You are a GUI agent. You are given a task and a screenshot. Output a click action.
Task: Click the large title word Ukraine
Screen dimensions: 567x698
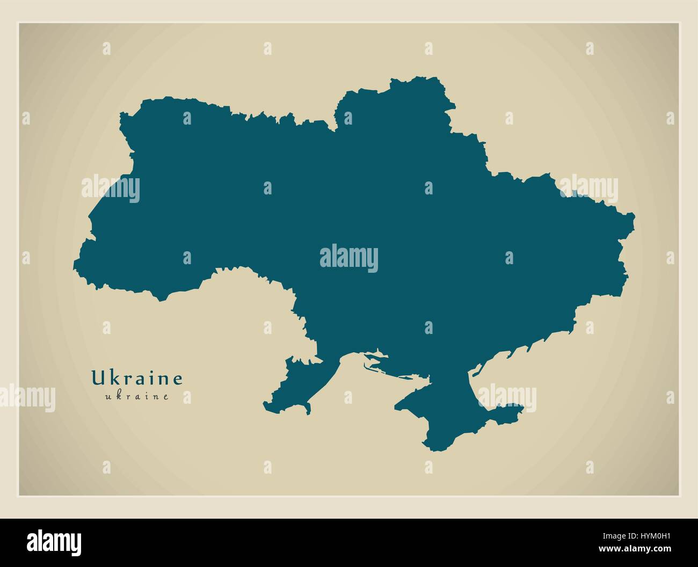pyautogui.click(x=137, y=378)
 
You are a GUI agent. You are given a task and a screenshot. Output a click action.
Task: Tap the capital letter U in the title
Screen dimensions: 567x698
pyautogui.click(x=97, y=378)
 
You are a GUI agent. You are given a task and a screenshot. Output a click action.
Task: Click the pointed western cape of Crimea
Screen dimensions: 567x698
pyautogui.click(x=398, y=407)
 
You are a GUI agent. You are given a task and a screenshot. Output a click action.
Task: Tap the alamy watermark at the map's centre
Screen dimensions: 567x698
pyautogui.click(x=349, y=258)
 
